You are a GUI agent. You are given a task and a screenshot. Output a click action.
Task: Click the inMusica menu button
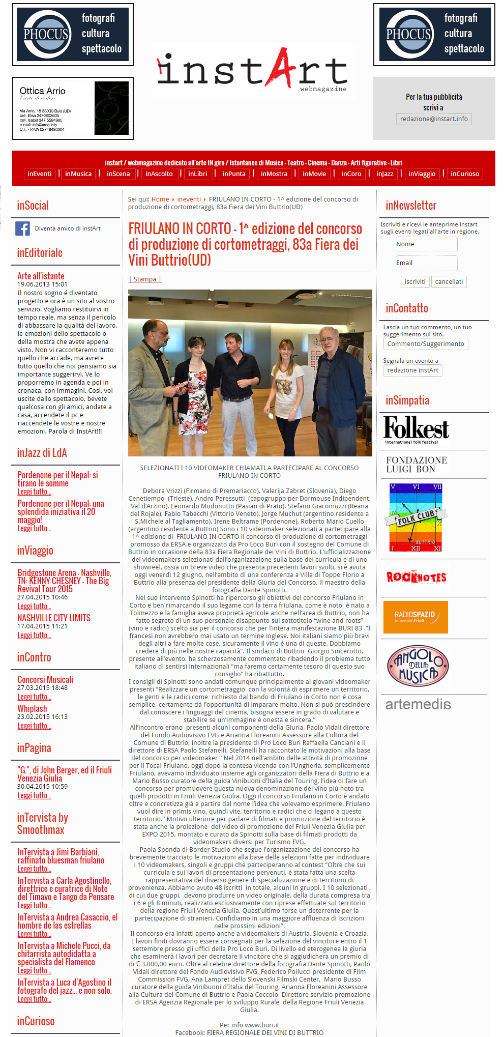click(x=78, y=174)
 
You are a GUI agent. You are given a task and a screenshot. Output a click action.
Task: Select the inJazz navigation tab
click(x=384, y=174)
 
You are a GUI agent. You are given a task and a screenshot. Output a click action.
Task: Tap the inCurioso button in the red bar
click(x=464, y=174)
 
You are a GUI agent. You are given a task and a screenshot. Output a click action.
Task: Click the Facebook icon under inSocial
click(x=22, y=228)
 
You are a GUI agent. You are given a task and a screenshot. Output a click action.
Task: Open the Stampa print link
click(x=145, y=279)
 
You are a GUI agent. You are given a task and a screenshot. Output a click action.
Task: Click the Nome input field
click(x=426, y=244)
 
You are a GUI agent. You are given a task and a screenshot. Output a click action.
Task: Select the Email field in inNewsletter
click(x=426, y=263)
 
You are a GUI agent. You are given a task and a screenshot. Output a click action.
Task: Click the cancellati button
click(x=449, y=282)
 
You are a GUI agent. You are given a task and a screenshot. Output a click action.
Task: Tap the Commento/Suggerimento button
click(x=425, y=344)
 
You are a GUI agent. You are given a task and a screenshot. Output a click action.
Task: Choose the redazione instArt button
click(x=412, y=370)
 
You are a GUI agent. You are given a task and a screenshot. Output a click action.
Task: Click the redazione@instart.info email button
click(x=434, y=119)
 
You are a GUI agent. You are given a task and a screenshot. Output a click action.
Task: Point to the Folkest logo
click(x=417, y=429)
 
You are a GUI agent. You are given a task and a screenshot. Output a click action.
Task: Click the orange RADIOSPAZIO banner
click(x=415, y=617)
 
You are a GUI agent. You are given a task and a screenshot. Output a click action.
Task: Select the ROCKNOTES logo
click(x=417, y=577)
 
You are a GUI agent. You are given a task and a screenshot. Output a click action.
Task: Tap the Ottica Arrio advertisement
click(x=73, y=108)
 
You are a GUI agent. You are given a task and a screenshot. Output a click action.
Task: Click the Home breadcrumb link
click(x=160, y=199)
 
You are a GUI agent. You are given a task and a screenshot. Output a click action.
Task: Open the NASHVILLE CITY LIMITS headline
click(x=54, y=618)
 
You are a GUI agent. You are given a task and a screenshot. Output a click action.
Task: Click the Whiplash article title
click(x=32, y=709)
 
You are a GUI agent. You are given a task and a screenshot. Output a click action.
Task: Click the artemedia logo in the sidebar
click(x=418, y=705)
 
